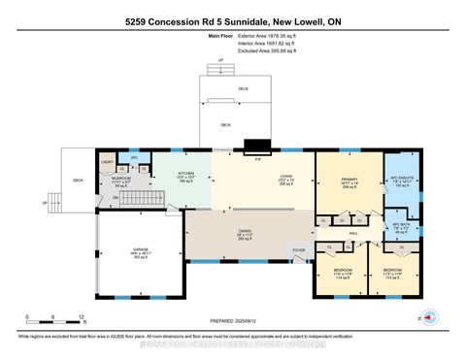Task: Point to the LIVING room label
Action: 285,176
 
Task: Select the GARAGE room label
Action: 141,249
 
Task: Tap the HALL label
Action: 354,234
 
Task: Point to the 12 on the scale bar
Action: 83,317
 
